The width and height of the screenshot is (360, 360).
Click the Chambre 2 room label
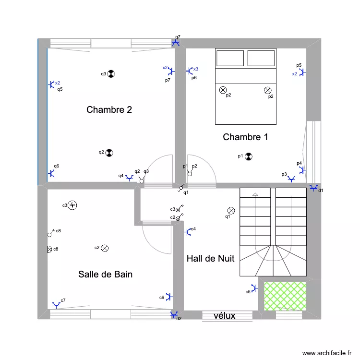pos(109,110)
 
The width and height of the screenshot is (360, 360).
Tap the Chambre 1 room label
pos(245,137)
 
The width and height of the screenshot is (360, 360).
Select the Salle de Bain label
pos(105,275)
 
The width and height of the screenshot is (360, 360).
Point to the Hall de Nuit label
pos(210,259)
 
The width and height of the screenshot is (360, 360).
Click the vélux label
pos(224,316)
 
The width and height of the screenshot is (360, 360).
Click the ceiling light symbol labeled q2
pos(109,153)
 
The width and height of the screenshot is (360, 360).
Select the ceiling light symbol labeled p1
pos(249,156)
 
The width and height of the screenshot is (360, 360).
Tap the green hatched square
pos(285,295)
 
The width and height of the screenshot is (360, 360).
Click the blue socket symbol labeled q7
pos(176,43)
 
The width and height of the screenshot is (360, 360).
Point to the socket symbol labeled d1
pos(314,188)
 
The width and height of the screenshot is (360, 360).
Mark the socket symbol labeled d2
pos(173,314)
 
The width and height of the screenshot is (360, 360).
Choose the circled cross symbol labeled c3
pos(72,205)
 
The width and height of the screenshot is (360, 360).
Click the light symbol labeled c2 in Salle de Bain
pos(105,248)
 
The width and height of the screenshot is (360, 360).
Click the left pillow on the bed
pos(230,59)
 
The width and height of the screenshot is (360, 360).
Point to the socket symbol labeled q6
pos(51,173)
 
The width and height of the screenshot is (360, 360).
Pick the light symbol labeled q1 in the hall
pos(231,210)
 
